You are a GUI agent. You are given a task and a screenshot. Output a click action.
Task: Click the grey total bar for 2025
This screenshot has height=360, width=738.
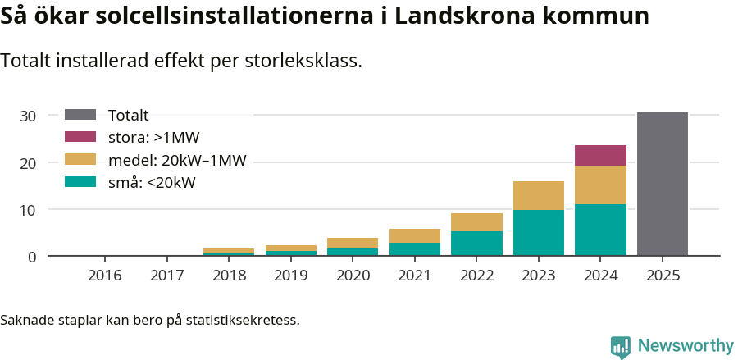pos(663,184)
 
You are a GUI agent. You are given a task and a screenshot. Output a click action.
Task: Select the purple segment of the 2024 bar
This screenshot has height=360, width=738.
pos(600,155)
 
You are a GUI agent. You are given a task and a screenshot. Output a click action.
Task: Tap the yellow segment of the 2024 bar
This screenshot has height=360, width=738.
pos(600,185)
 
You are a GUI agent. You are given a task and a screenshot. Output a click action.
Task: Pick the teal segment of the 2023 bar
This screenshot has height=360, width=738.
pos(539,233)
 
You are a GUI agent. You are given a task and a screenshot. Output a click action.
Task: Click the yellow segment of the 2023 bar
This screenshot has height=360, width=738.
pos(539,195)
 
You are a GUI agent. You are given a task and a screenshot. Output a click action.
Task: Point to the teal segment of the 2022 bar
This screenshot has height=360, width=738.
pos(476,243)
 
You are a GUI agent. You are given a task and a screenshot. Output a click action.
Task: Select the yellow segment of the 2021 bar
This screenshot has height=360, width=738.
pos(415,235)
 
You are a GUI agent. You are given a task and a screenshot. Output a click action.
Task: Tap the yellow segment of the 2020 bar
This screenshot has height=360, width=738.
pos(353,243)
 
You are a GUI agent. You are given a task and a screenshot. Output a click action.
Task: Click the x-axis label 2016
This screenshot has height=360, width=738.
pos(105,275)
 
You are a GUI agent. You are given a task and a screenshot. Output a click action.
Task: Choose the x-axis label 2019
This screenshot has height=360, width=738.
pos(291,275)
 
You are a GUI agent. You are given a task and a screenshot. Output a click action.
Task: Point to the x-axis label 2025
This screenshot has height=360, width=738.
pos(663,275)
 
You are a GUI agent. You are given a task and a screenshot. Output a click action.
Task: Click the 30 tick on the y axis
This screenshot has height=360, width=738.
pos(28,116)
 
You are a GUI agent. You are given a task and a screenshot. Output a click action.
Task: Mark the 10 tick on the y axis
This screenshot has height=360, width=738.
pos(28,210)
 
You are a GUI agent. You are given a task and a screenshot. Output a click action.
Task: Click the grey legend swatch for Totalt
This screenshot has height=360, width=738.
pos(80,116)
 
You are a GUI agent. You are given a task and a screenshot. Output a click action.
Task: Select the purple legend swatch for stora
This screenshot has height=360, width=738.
pos(80,137)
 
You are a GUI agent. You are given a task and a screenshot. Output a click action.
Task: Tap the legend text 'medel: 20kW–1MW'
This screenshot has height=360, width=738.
pos(177,160)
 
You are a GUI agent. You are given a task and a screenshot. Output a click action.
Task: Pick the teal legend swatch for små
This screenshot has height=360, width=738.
pos(80,182)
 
